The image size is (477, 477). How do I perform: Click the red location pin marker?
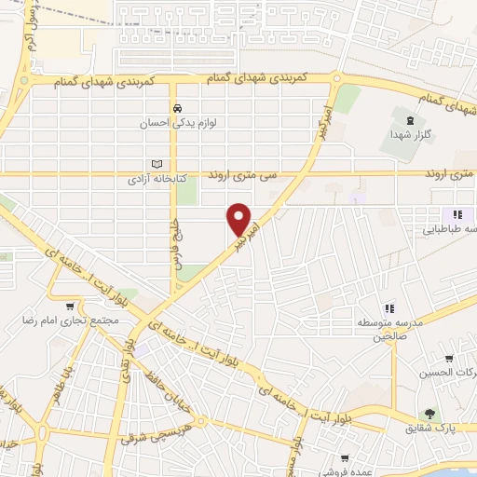coord(240,220)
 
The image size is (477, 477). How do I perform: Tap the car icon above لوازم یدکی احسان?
coord(189,108)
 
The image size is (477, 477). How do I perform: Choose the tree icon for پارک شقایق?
coord(429,413)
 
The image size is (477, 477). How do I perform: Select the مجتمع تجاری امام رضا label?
coord(66,320)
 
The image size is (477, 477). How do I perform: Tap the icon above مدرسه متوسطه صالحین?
coord(389,308)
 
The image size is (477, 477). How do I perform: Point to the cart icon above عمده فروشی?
coord(345,458)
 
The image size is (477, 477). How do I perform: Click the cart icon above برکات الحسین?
coord(449,359)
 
